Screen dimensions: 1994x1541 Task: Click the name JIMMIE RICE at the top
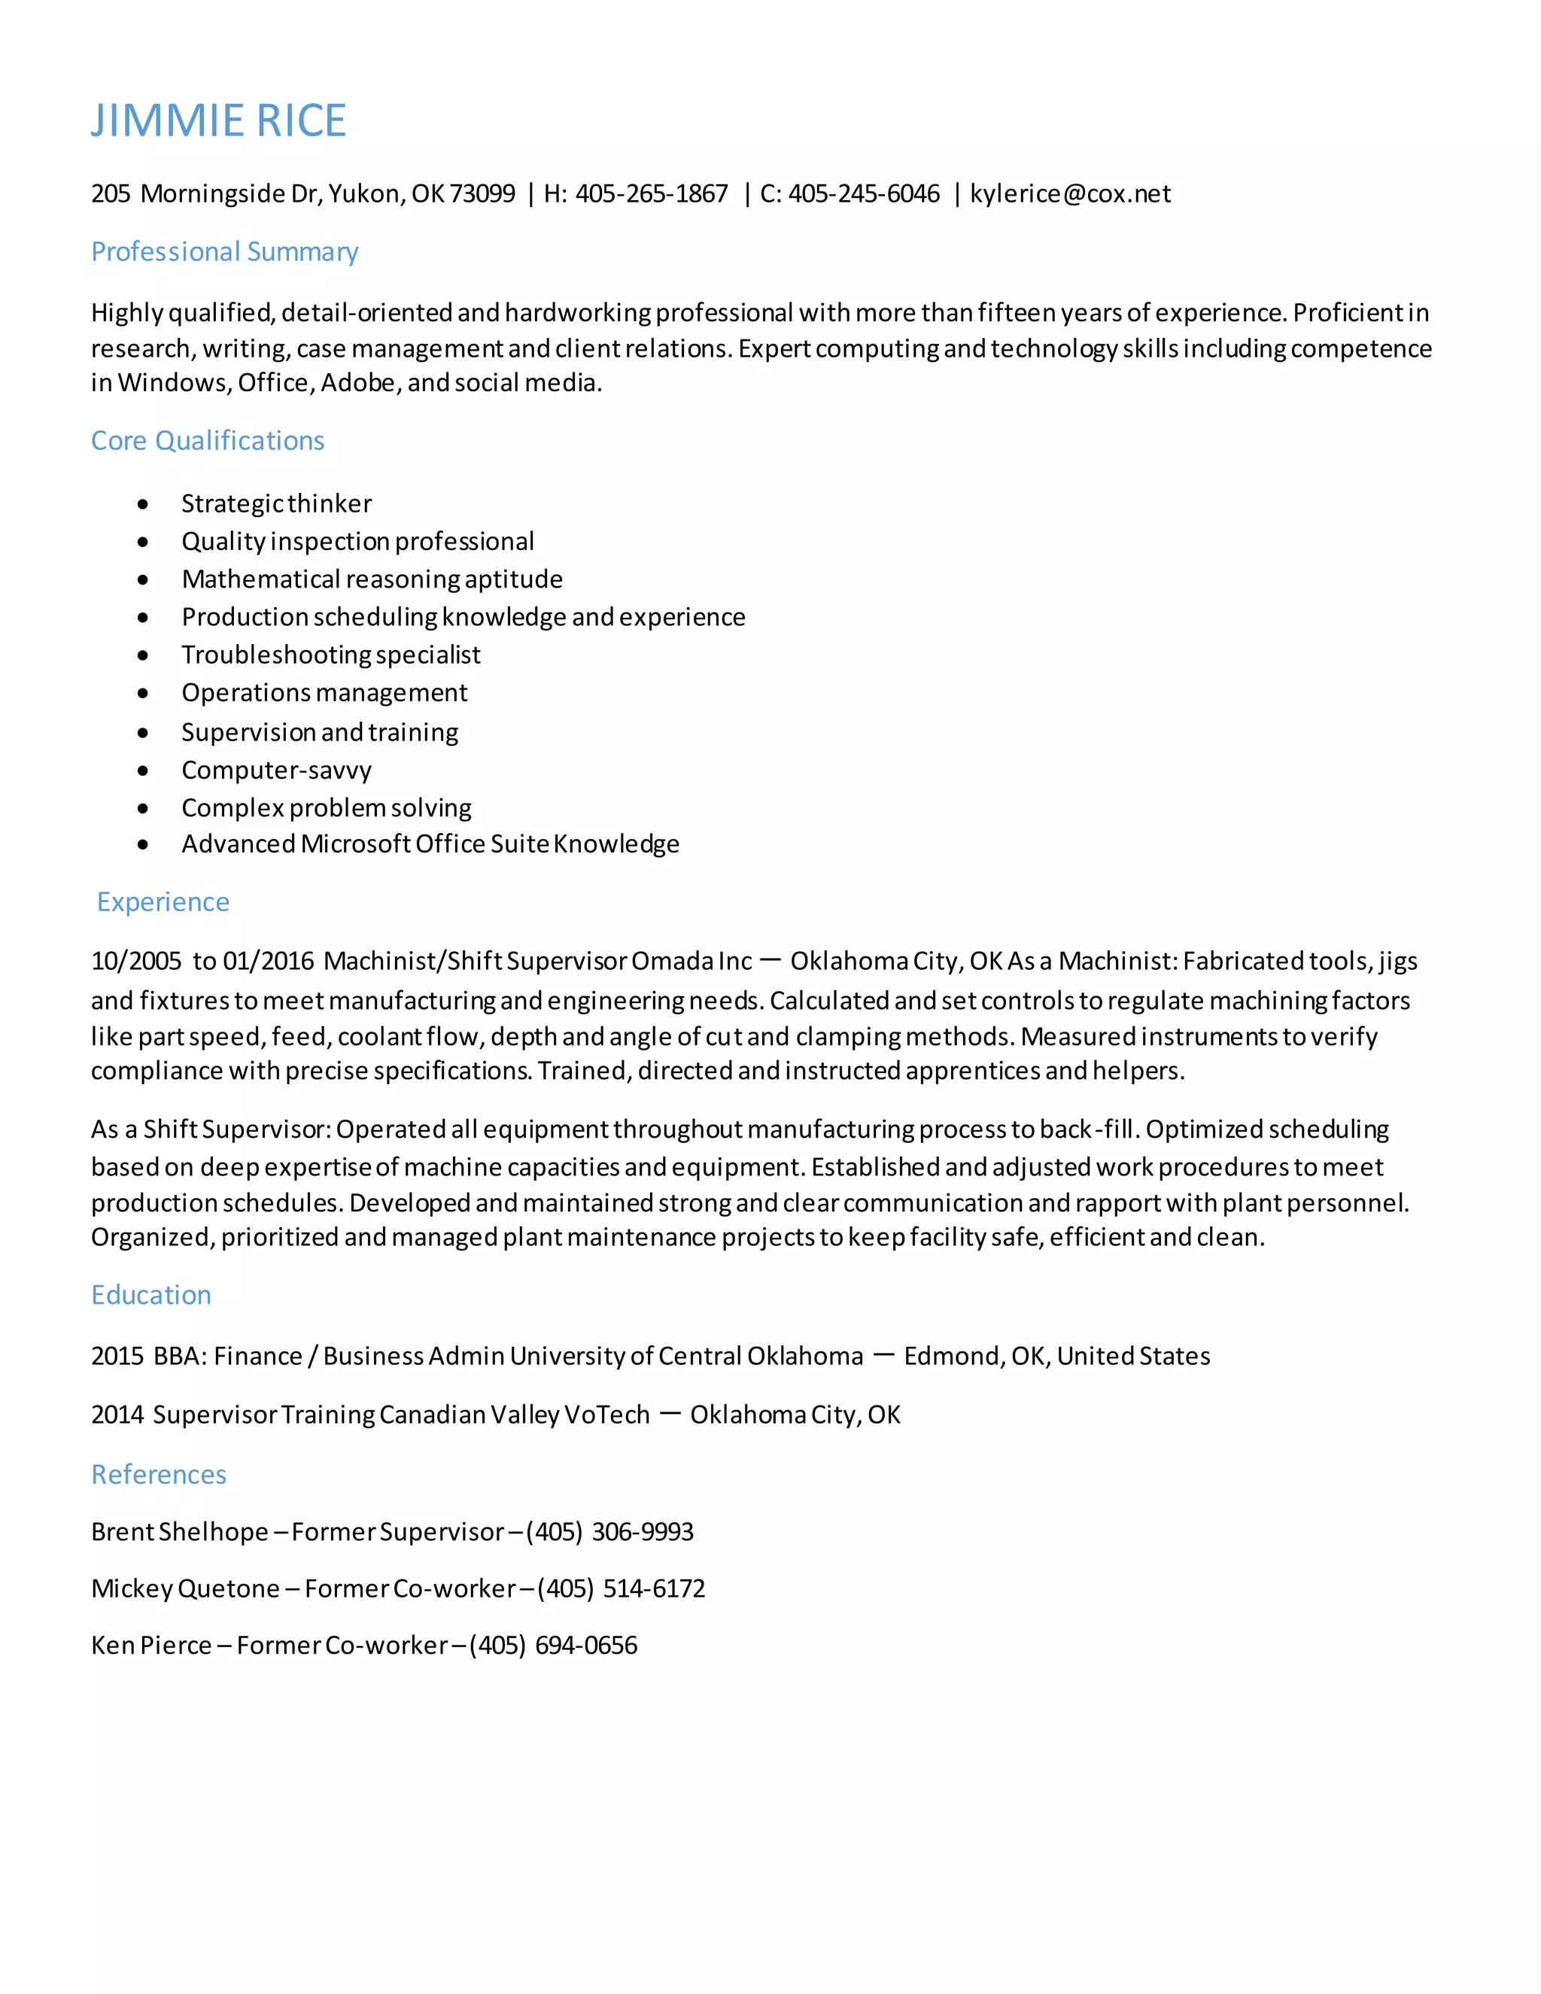click(x=218, y=120)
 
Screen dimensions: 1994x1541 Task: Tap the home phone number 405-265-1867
click(x=651, y=193)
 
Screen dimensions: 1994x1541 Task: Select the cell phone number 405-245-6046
click(x=864, y=193)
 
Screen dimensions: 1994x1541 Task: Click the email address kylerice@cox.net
click(x=1069, y=193)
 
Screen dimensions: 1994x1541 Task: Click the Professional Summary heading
click(x=224, y=251)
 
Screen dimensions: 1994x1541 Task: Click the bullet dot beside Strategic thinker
click(x=142, y=504)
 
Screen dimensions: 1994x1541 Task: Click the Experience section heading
click(x=163, y=901)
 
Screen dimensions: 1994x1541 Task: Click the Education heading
click(x=150, y=1295)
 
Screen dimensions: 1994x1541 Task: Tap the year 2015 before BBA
click(x=117, y=1356)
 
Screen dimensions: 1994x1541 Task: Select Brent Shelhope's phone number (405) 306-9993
click(x=609, y=1531)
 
